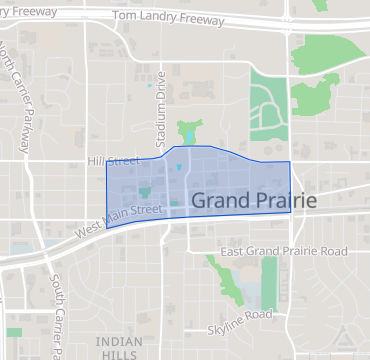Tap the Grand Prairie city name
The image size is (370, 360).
(254, 201)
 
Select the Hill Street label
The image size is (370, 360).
(115, 161)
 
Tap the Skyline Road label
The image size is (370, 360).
(240, 315)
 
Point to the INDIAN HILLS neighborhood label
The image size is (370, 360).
(120, 348)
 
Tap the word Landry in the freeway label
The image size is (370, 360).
(185, 17)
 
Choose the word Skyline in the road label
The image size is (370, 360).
(227, 315)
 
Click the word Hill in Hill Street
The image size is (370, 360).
(97, 161)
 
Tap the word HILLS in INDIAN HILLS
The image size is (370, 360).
(120, 355)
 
